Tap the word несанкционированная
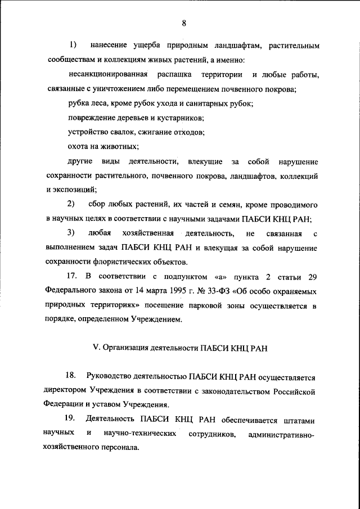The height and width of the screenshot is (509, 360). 108,75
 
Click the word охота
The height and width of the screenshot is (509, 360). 79,147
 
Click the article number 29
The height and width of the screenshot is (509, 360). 312,277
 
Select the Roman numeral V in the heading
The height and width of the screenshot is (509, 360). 95,348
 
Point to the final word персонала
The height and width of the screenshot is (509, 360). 116,449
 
